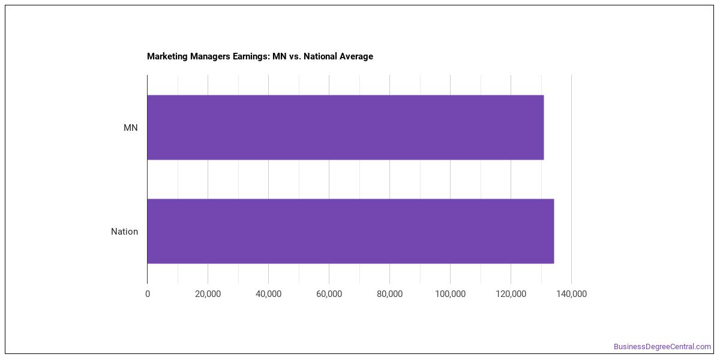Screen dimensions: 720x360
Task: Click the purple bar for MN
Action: tap(346, 127)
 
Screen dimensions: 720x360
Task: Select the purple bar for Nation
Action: tap(350, 232)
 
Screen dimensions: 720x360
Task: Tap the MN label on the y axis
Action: tap(131, 128)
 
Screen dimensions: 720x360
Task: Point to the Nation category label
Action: tap(124, 232)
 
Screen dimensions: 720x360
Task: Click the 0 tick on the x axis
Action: tap(148, 294)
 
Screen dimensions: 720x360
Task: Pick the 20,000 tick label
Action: tap(208, 294)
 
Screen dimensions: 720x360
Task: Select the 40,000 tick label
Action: tap(268, 294)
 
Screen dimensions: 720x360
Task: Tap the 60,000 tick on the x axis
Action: tap(329, 294)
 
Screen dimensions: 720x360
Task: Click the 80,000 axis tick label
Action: tap(389, 294)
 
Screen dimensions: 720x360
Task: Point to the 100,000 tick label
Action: tap(451, 294)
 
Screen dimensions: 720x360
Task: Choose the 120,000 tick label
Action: tap(511, 294)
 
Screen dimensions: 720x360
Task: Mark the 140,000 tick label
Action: tap(571, 294)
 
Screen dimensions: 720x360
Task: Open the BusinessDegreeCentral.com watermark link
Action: tap(662, 347)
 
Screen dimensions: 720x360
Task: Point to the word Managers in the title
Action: tap(210, 56)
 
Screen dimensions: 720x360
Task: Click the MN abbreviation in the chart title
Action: tap(280, 56)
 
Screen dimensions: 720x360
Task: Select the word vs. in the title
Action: tap(295, 56)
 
